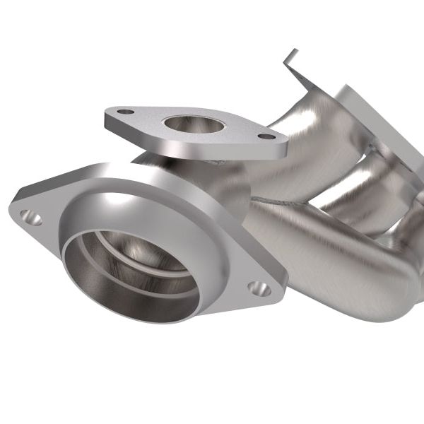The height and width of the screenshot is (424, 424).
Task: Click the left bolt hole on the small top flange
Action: [x=125, y=112]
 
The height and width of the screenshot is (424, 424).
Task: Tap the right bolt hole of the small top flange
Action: [x=266, y=136]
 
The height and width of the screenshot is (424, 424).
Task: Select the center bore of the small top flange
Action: [x=194, y=125]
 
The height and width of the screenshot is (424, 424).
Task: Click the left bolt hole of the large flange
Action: [x=30, y=217]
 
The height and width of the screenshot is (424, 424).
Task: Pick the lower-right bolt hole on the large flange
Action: [x=259, y=288]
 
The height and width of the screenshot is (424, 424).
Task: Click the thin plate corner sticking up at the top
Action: [x=290, y=57]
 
